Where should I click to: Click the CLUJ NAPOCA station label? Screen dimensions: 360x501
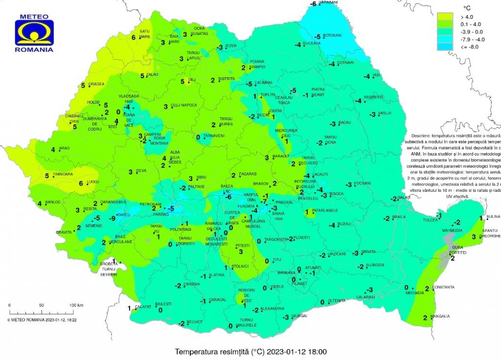pos(184,105)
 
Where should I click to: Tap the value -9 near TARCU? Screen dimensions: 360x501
pos(112,218)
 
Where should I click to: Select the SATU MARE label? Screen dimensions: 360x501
pos(144,34)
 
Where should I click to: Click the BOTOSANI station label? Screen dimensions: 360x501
pos(332,36)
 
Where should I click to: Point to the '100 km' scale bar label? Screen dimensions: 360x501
pos(76,305)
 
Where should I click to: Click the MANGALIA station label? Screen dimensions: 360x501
pos(440,316)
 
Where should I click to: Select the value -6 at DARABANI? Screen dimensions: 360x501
pos(314,4)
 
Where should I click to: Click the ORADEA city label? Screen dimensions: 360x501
pos(96,84)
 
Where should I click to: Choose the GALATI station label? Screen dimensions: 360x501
pos(404,197)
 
